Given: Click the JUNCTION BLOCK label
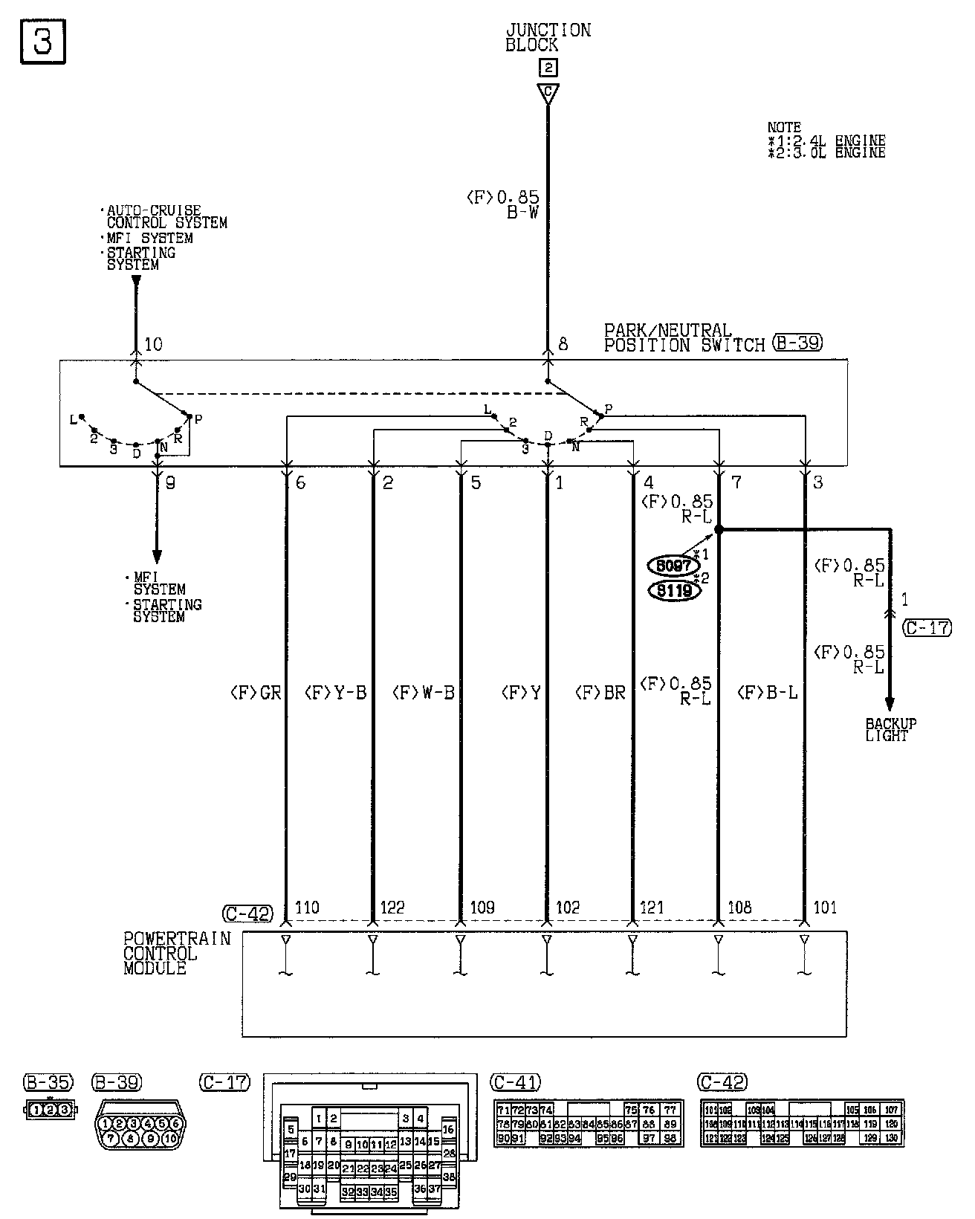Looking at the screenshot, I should (548, 37).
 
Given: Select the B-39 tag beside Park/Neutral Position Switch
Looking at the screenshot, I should (797, 343).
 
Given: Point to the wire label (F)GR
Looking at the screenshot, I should (255, 693).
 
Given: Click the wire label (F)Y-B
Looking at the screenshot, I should (336, 693).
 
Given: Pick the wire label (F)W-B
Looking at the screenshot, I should (423, 693).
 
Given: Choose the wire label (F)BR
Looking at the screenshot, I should (600, 693).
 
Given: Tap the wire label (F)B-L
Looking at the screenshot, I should (767, 693).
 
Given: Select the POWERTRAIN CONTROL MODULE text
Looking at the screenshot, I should (176, 953).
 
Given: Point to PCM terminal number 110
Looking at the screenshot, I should (307, 907).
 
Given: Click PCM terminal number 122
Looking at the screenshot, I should (392, 907).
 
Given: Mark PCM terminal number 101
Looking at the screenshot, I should (825, 907).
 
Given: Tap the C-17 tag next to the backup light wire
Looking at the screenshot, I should (927, 627).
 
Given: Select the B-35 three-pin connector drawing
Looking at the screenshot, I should (51, 1110).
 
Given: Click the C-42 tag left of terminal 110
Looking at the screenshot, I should (247, 914).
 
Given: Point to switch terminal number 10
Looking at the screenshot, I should (153, 344).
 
